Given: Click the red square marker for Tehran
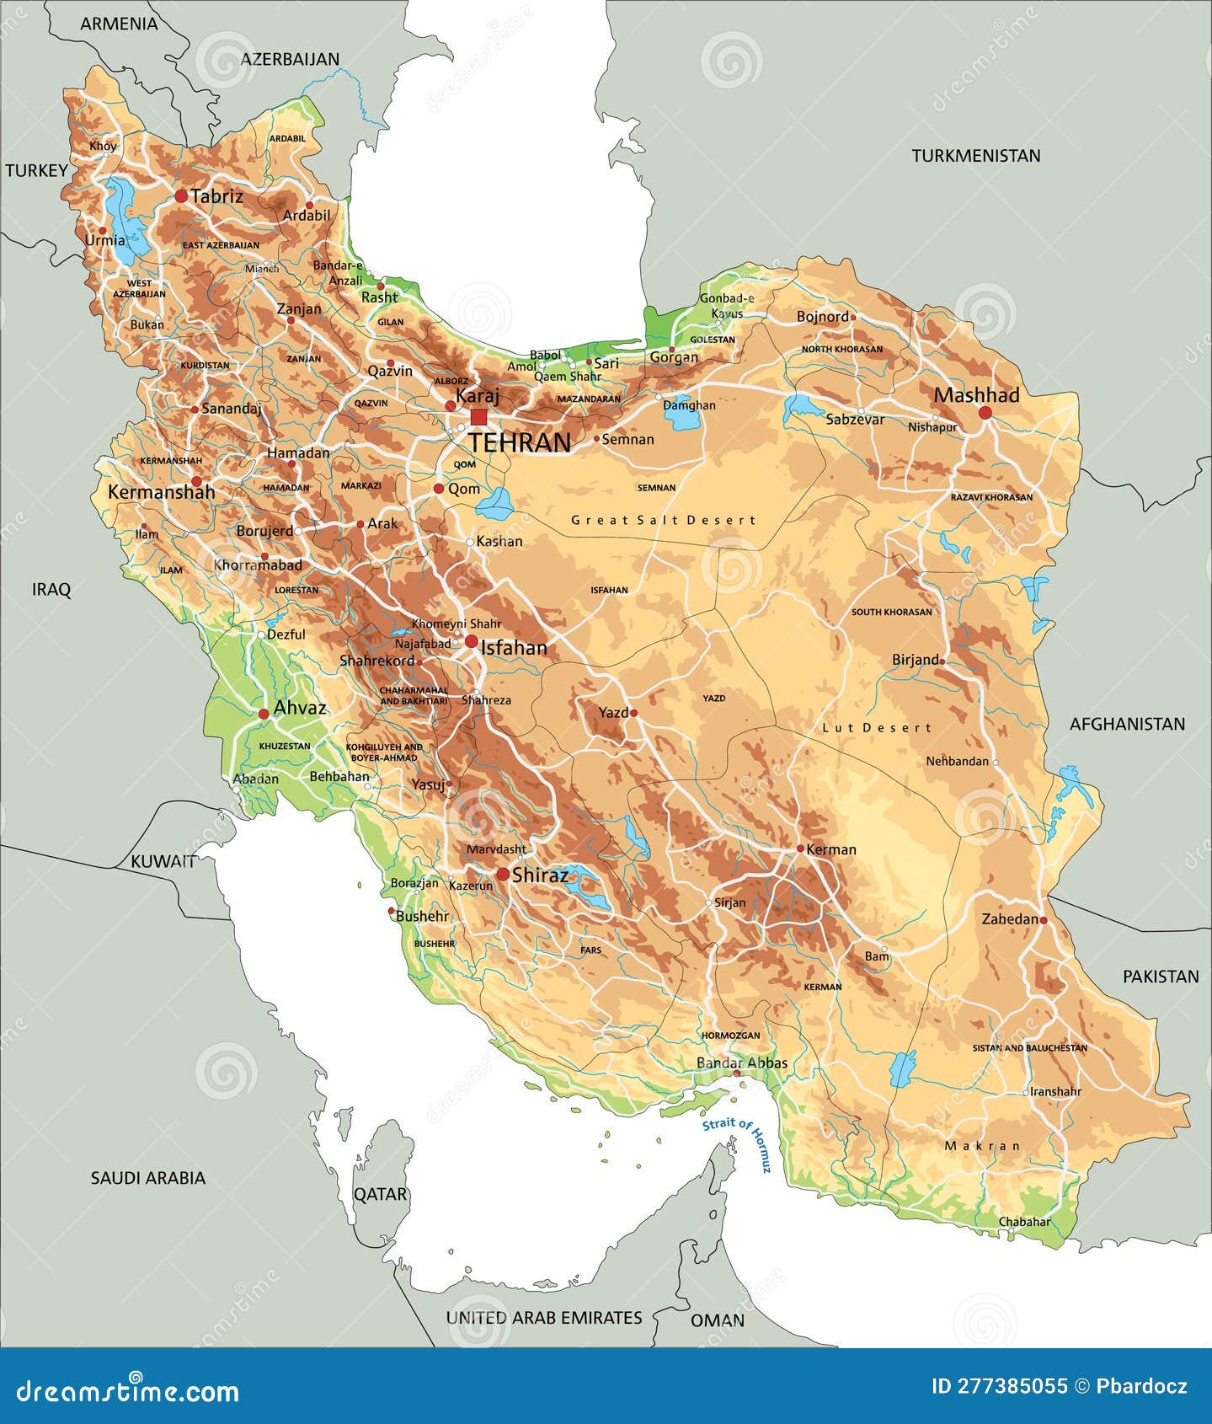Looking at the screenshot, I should [x=478, y=417].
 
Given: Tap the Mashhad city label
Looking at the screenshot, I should [x=976, y=395].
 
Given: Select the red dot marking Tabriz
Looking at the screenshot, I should [x=181, y=196].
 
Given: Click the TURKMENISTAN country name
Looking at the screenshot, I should [x=975, y=156].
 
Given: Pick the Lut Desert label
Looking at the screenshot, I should [x=876, y=728].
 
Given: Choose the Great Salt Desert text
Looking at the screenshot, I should [x=664, y=521].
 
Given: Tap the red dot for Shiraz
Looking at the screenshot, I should [x=503, y=875].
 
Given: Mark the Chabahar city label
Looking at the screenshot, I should [x=1024, y=1222].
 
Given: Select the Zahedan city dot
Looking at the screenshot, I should [x=1044, y=920].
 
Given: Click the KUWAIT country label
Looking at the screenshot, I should [x=163, y=862].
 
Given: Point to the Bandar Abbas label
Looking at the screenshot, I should [x=742, y=1063].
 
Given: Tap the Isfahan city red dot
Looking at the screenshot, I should [x=471, y=642].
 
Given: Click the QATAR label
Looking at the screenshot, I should [x=380, y=1194].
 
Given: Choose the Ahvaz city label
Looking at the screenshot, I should [x=300, y=708].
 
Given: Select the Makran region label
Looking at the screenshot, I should [x=982, y=1146].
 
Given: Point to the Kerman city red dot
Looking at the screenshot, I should [x=800, y=849].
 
